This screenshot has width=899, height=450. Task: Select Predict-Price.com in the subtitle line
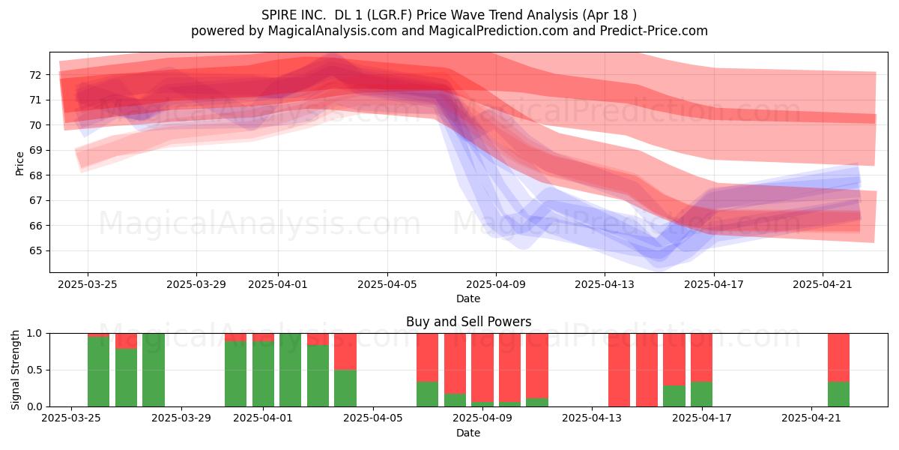[654, 31]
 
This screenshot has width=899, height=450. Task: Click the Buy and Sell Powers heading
[468, 322]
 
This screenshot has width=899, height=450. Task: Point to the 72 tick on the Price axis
[35, 75]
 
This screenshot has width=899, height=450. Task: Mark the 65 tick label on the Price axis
[35, 250]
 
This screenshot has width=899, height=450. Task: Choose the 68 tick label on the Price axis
[35, 175]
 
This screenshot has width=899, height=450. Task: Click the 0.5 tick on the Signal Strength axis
[34, 370]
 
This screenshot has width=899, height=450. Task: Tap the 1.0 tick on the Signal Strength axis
[34, 333]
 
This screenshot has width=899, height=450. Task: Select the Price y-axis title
[19, 163]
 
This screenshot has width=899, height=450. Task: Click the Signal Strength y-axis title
[15, 370]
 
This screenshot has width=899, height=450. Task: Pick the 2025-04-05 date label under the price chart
[387, 284]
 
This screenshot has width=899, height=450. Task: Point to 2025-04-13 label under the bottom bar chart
[592, 418]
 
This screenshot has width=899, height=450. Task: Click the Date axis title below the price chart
[468, 298]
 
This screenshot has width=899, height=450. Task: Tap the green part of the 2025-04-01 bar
[263, 373]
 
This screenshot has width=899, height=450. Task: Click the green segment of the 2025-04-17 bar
[701, 394]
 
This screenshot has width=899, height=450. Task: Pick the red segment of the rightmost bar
[838, 358]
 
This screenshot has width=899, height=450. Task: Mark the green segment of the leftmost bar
[98, 372]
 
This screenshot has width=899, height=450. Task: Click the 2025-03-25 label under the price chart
[87, 284]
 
